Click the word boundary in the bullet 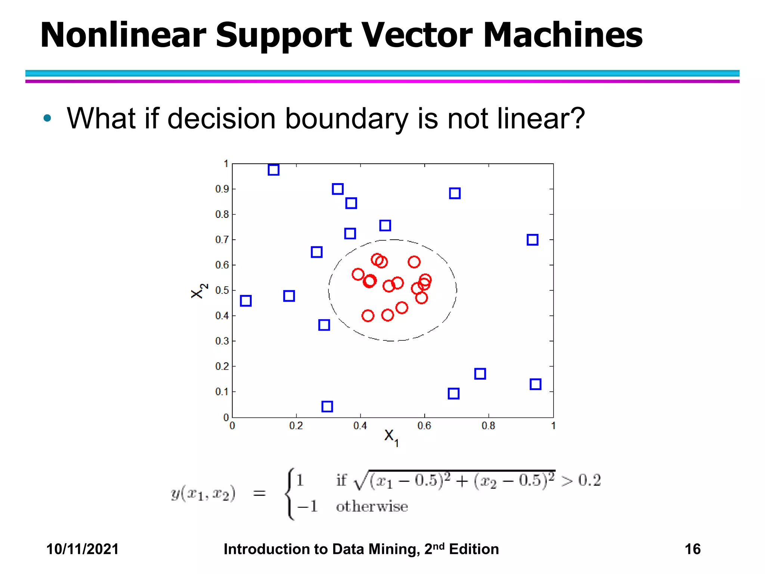(x=347, y=119)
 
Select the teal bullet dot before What (x=47, y=118)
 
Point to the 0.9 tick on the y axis (x=222, y=189)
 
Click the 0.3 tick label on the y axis (x=222, y=341)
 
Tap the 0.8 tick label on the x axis (x=488, y=426)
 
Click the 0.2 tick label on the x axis (x=296, y=426)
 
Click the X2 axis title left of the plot (x=198, y=291)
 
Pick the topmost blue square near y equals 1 (x=273, y=170)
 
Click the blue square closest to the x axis (x=327, y=406)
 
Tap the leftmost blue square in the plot (x=246, y=301)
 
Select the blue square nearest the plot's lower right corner (x=535, y=384)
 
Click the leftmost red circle (x=358, y=274)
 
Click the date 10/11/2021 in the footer (x=82, y=549)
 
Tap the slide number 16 (x=692, y=549)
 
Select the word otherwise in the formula (x=372, y=507)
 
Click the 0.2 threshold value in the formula (x=589, y=480)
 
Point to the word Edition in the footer (x=474, y=549)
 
